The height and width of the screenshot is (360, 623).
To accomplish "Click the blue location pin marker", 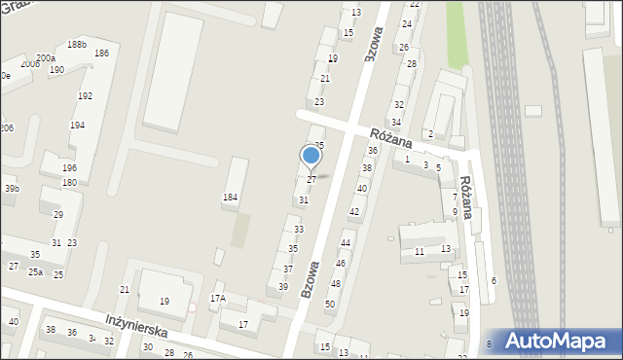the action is pos(311,156).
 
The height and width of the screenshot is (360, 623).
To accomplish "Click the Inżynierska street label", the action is pos(136,325).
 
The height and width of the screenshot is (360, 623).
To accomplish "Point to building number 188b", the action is pos(77,45).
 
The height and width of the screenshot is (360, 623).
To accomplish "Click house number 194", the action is pos(77,126).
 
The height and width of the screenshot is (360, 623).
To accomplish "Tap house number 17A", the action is pos(218,299).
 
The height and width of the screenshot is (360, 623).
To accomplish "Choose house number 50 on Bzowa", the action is pos(330,305).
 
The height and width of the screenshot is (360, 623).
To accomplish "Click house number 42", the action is pos(354,211).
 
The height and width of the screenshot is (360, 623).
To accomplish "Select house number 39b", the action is pos(11,189).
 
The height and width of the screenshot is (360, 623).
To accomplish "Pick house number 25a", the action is pos(35,272).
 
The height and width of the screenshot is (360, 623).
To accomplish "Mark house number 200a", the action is pos(46,58).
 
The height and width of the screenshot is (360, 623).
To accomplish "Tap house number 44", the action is pos(345,242).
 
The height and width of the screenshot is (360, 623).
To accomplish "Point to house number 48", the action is pos(335,283).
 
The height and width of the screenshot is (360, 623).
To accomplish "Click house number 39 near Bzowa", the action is pos(283,286).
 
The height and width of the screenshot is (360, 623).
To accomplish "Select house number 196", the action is pos(69,168).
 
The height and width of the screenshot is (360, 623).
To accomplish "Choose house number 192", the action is pos(85,96).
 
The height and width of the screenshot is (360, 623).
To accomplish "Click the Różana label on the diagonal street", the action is pos(390,136).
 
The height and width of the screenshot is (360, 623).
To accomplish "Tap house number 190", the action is pos(56,70).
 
